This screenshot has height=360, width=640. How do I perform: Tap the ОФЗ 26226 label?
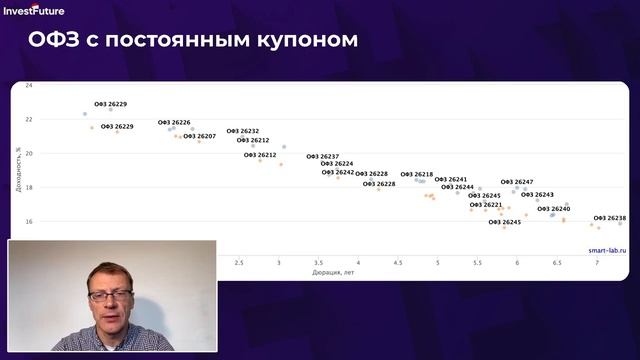click(174, 123)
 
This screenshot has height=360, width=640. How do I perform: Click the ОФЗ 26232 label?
click(243, 131)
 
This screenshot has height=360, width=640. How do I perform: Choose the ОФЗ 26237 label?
click(323, 156)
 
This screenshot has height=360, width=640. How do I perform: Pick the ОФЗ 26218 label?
click(417, 174)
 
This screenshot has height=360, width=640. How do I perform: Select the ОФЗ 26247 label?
click(517, 182)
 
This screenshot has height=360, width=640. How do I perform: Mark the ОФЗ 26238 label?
click(610, 218)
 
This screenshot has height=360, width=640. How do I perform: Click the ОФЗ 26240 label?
click(554, 209)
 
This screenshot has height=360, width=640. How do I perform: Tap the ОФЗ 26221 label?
click(486, 204)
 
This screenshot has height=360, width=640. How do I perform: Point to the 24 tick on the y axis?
click(29, 86)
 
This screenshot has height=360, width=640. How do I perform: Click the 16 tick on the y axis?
click(29, 221)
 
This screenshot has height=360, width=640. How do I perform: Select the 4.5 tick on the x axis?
click(398, 262)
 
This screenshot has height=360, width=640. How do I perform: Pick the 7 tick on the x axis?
click(597, 262)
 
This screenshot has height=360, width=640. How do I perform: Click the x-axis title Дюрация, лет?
click(333, 272)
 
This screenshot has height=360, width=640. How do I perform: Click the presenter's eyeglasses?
click(110, 296)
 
